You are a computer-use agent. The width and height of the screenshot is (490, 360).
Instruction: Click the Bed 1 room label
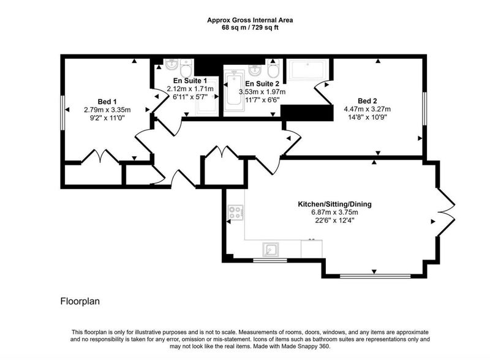[107, 102]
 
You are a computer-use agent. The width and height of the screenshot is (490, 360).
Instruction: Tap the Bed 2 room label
[367, 101]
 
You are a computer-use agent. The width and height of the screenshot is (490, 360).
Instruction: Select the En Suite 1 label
[190, 81]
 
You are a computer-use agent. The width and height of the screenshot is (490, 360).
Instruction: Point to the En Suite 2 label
[262, 84]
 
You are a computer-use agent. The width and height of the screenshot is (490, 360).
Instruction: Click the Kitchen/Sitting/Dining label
[334, 204]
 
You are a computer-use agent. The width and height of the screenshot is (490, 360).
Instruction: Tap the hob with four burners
[236, 212]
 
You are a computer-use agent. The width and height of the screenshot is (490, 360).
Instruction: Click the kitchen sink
[271, 250]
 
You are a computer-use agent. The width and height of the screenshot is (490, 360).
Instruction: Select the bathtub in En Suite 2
[234, 88]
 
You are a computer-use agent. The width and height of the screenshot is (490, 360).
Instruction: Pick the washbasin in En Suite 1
[171, 65]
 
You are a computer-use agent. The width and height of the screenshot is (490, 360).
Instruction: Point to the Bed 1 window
[62, 113]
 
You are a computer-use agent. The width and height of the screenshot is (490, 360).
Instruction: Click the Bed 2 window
[424, 109]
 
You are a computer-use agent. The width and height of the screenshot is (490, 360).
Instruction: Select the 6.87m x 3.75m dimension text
[334, 212]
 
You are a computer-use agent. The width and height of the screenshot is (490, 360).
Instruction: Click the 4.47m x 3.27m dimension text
[367, 109]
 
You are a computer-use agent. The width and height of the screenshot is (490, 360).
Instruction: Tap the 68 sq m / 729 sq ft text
[250, 28]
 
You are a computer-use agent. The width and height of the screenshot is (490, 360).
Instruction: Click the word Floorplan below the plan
[80, 301]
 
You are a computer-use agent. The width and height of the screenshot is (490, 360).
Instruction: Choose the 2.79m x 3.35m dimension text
[107, 110]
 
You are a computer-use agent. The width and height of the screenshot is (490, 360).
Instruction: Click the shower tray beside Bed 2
[308, 70]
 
